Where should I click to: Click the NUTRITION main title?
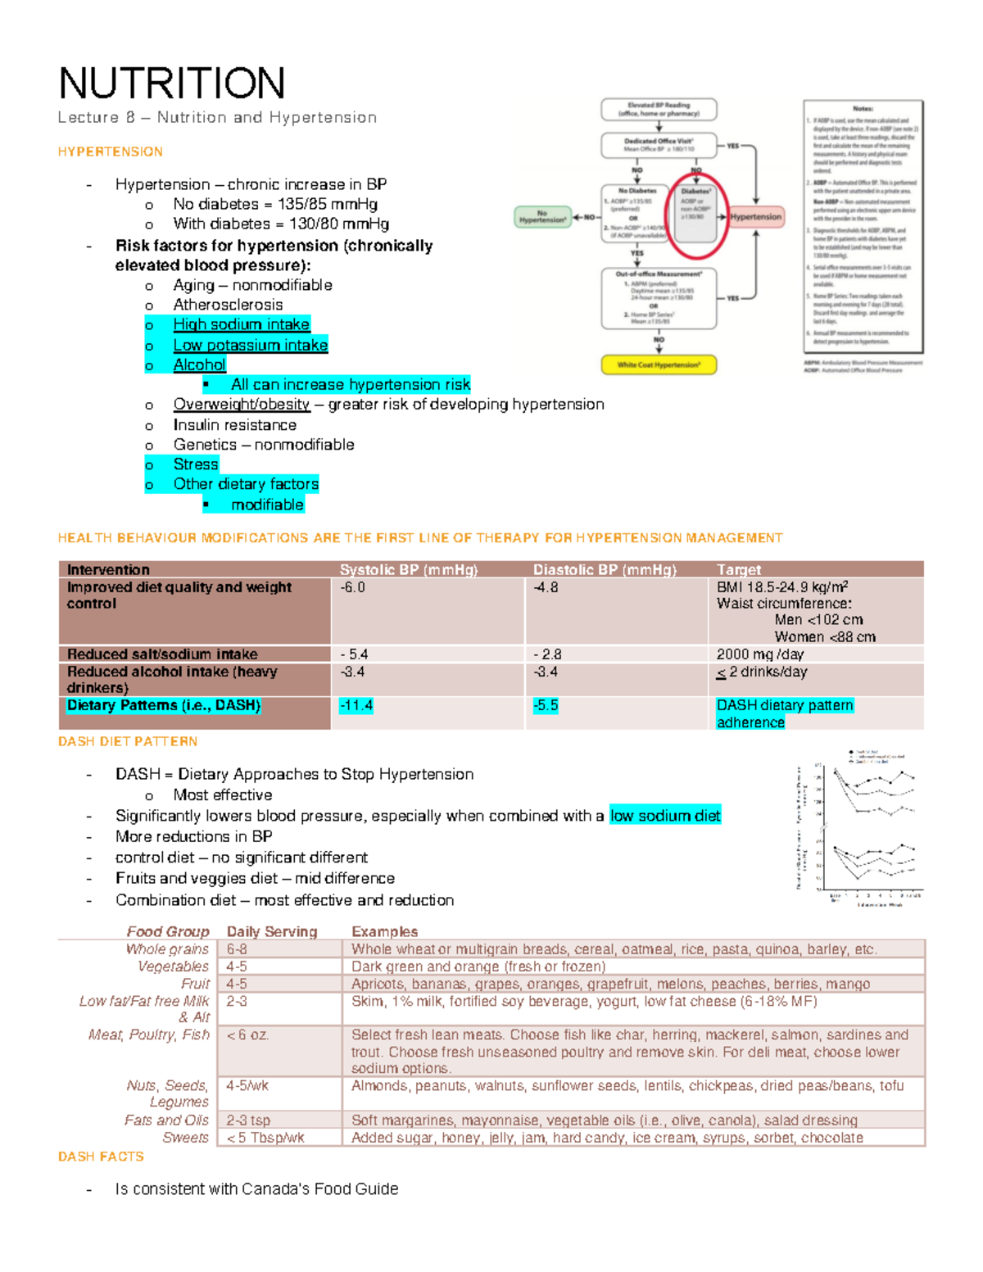172,84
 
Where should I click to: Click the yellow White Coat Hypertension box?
659,364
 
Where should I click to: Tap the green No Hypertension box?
542,217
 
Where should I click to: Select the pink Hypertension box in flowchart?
755,217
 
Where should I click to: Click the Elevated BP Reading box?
659,109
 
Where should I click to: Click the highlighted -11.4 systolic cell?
356,705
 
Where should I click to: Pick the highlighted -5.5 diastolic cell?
546,705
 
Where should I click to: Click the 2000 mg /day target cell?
759,654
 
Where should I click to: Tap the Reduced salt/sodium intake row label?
162,654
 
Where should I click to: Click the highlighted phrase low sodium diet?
665,816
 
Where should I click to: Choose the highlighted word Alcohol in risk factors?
199,365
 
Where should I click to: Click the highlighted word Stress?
196,464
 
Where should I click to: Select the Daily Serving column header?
271,931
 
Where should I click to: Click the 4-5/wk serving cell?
247,1086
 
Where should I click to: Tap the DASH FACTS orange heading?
101,1157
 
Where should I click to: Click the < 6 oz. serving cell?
247,1035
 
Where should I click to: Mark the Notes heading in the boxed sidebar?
863,108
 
